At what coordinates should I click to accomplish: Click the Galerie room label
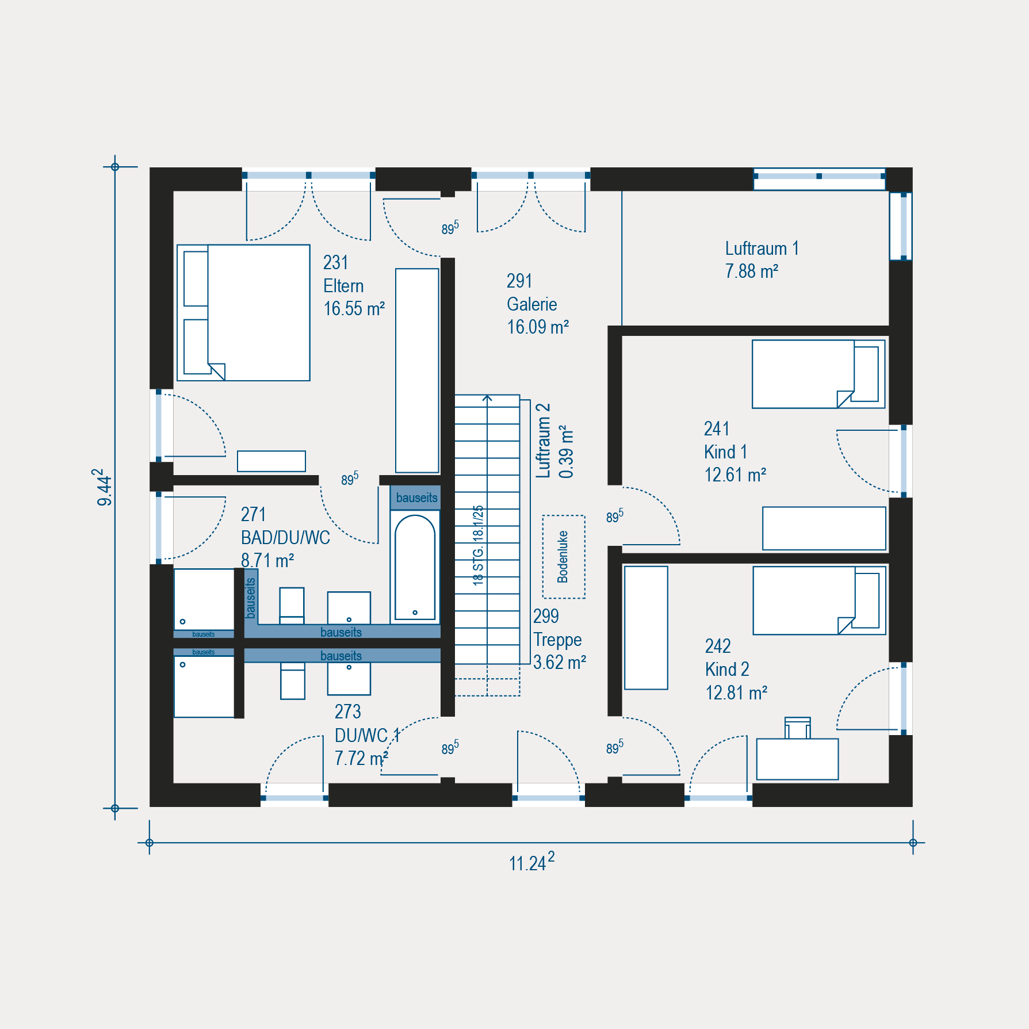[531, 304]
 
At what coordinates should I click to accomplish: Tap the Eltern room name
[343, 286]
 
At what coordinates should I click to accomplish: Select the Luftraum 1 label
[762, 248]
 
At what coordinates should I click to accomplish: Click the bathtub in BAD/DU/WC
[415, 567]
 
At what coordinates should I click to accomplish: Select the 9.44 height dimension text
[104, 487]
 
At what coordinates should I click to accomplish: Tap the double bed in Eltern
[243, 313]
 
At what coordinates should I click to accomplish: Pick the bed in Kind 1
[818, 374]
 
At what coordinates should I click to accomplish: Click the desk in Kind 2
[797, 759]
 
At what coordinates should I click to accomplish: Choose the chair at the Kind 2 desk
[798, 728]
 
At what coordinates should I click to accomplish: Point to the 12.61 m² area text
[735, 475]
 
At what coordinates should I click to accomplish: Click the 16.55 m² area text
[354, 309]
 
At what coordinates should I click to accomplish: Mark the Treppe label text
[557, 640]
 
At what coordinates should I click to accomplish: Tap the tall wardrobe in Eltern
[417, 370]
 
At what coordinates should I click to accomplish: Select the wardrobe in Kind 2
[646, 628]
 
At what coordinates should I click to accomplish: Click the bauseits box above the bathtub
[415, 498]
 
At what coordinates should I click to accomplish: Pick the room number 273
[348, 712]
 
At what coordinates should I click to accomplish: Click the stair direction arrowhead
[487, 397]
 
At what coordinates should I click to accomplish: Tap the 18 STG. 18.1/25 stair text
[478, 545]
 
